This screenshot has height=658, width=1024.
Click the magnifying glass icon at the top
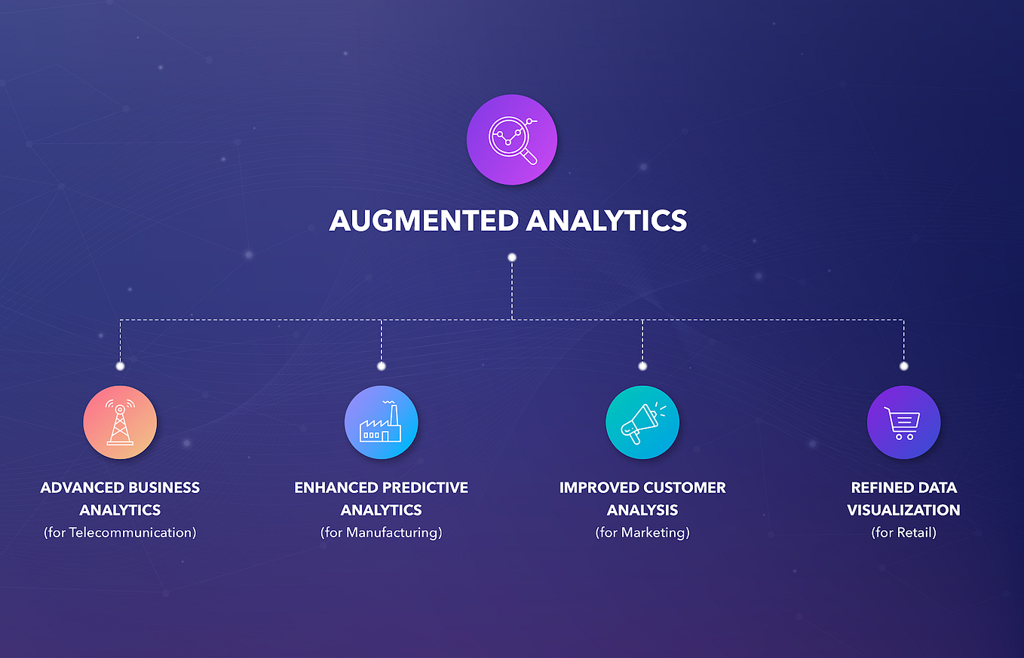(512, 139)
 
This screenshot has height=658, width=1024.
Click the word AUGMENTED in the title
(423, 220)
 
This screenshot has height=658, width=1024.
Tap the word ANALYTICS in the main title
(606, 220)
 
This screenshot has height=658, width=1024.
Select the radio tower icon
(120, 423)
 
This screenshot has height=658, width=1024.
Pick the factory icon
(381, 423)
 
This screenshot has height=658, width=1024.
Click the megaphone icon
(642, 423)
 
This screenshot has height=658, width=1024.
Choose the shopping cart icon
(903, 423)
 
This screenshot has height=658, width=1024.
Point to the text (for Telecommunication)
(120, 533)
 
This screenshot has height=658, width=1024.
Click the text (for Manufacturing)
(381, 533)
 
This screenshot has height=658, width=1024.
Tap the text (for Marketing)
(642, 533)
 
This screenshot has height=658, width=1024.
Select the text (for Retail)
(903, 533)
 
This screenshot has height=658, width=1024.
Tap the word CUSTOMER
(685, 488)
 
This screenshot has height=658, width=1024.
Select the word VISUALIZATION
(903, 510)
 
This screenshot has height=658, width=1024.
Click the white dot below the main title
(512, 258)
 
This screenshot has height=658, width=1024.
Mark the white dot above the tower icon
(120, 366)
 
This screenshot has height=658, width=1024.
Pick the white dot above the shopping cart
(903, 366)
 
